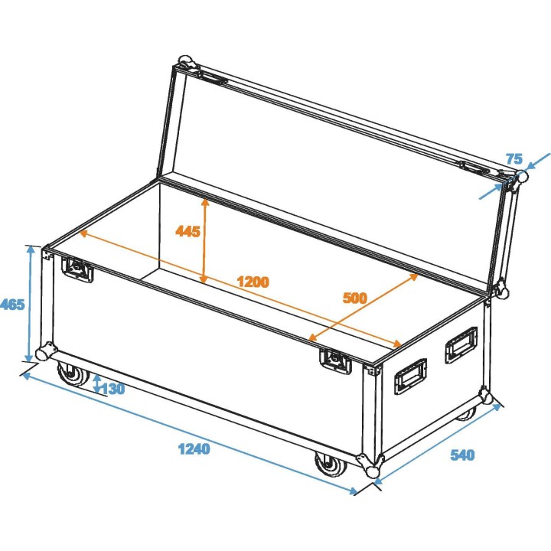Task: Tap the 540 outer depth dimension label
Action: point(462,455)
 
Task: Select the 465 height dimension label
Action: point(13,304)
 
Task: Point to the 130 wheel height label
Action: point(112,389)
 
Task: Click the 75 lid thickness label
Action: point(514,159)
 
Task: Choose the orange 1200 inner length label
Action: point(253,282)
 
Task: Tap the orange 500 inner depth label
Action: point(355,298)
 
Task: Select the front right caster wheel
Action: point(329,466)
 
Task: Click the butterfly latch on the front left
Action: point(77,269)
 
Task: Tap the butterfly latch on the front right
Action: point(335,360)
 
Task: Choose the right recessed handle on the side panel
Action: point(461,343)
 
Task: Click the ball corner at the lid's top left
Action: point(184,61)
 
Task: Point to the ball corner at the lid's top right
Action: point(521,178)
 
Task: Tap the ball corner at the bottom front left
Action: point(44,354)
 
